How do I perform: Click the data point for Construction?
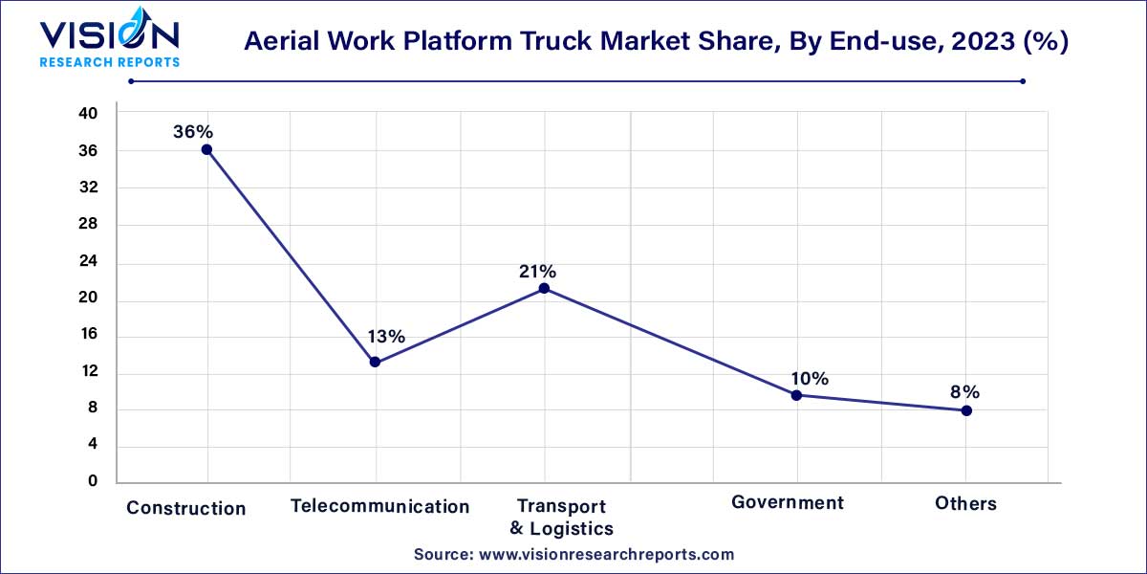click(206, 149)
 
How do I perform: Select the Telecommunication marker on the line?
click(375, 362)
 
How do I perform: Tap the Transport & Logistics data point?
click(544, 288)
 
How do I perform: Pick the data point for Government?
click(796, 394)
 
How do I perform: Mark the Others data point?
click(966, 410)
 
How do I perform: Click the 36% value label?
click(192, 132)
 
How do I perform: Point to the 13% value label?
click(386, 337)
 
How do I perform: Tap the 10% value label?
click(809, 378)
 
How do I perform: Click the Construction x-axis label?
click(186, 508)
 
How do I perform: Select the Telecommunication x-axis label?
click(380, 506)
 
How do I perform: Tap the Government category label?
click(788, 502)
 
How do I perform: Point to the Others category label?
click(965, 503)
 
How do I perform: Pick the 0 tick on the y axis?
click(93, 481)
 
